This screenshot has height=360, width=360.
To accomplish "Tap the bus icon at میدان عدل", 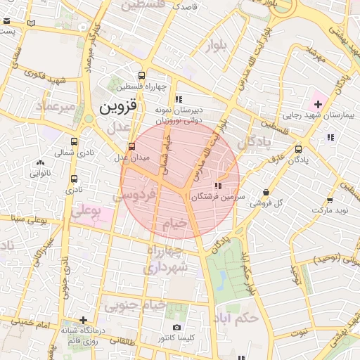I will click(131, 147).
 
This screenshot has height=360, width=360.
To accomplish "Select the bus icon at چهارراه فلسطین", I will click(142, 76).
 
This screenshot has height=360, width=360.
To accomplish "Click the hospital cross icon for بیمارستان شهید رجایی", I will click(318, 103).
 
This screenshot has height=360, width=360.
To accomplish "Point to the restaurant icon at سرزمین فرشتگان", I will click(218, 186).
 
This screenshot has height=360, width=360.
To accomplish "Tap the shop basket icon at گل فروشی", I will click(266, 192).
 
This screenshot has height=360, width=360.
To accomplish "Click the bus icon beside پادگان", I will click(299, 149).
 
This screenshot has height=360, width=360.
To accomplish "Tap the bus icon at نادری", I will click(75, 179).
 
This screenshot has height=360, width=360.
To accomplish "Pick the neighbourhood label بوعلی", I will click(87, 210).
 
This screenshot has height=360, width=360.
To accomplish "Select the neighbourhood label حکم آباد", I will click(239, 317).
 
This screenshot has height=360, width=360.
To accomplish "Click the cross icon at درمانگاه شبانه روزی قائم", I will click(84, 321).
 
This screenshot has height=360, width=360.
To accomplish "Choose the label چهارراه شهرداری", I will click(166, 259).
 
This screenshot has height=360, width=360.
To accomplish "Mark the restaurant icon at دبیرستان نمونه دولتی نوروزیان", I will click(179, 99).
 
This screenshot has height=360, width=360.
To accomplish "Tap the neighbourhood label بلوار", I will click(217, 47).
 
